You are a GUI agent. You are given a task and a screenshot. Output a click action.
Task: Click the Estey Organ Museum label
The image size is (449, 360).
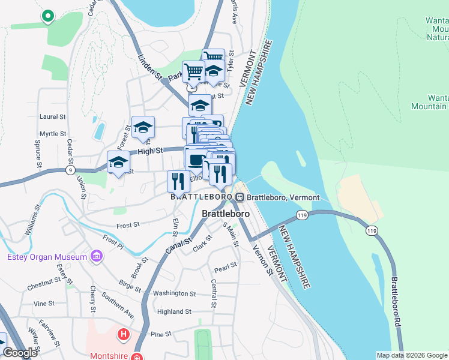[47, 257]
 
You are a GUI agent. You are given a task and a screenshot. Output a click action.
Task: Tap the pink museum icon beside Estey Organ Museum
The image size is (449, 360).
[95, 257]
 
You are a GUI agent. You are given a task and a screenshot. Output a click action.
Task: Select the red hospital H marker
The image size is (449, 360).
[124, 334]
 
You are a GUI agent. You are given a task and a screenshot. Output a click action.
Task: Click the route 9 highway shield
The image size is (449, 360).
[72, 170]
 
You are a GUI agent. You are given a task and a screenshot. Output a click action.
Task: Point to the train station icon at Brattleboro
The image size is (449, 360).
[240, 197]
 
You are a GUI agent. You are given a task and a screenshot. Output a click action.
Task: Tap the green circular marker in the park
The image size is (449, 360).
[47, 16]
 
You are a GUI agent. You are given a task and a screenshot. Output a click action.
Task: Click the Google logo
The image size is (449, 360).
[20, 353]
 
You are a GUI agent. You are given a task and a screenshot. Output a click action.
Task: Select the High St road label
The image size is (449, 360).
[150, 151]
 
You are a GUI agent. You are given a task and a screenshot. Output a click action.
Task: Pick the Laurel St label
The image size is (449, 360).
[52, 117]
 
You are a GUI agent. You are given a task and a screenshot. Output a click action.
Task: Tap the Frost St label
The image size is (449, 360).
[128, 224]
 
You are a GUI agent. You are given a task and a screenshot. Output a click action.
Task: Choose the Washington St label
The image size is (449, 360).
[175, 293]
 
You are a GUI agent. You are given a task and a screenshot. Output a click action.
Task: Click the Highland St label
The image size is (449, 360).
[174, 311]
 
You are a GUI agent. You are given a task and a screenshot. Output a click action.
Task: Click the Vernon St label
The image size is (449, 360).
[262, 262]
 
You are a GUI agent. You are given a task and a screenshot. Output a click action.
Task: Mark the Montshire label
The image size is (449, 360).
[111, 355]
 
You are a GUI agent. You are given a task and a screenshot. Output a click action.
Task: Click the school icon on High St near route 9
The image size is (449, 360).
[119, 163]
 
